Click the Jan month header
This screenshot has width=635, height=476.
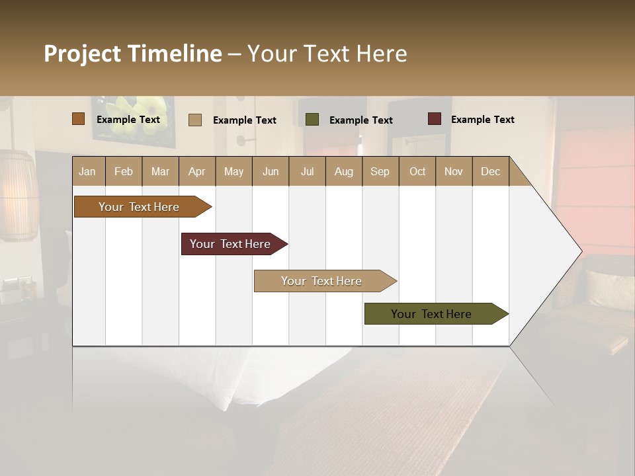click(x=87, y=171)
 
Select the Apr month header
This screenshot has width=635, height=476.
click(x=196, y=171)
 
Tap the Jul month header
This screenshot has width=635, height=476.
click(x=307, y=171)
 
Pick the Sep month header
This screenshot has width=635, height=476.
click(x=380, y=171)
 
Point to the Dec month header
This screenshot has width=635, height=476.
click(x=490, y=171)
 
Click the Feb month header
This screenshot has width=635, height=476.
click(x=124, y=171)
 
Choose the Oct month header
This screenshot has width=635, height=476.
click(x=417, y=171)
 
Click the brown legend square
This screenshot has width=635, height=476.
click(x=78, y=119)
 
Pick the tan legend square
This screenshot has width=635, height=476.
click(x=194, y=120)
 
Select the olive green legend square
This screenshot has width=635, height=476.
click(x=312, y=120)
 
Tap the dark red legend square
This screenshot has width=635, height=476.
click(x=434, y=119)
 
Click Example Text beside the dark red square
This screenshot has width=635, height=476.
click(x=482, y=120)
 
